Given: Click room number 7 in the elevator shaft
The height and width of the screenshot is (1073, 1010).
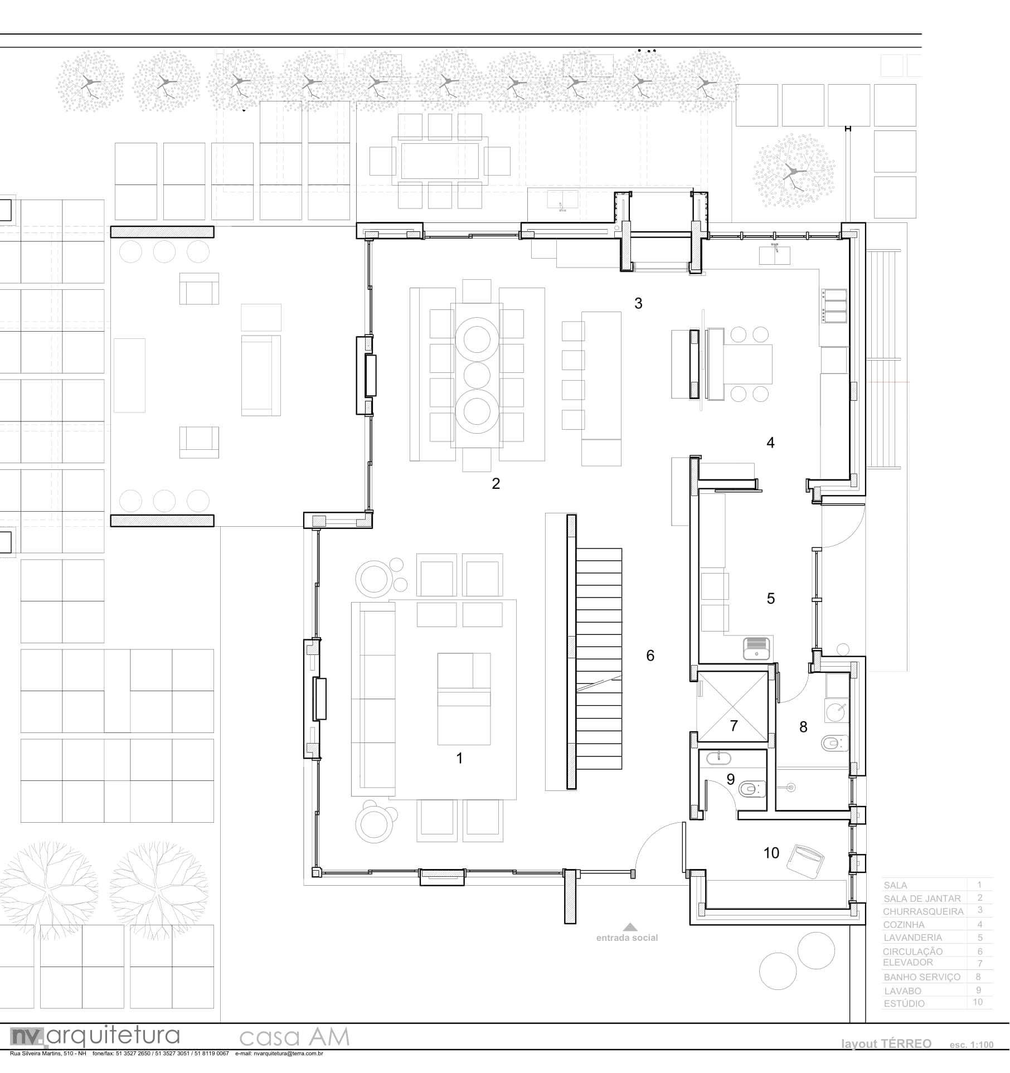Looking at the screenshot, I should [x=734, y=726].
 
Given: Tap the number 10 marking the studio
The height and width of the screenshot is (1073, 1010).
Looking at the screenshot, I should [x=771, y=853].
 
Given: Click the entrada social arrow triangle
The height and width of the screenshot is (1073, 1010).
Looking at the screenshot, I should [x=630, y=927].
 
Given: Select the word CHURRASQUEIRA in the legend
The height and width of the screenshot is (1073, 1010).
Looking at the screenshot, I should [x=922, y=911].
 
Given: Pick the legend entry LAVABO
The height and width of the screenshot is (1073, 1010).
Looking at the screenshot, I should [x=902, y=991].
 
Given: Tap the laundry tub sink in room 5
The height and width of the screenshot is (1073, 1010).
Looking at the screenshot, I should [x=756, y=648].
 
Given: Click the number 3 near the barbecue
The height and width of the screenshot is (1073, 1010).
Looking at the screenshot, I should [x=638, y=303].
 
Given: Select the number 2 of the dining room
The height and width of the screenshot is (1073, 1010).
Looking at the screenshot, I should [x=496, y=484].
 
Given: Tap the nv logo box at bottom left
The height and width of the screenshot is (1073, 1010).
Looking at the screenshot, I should [x=27, y=1036].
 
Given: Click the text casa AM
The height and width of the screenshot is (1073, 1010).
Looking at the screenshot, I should [x=294, y=1037].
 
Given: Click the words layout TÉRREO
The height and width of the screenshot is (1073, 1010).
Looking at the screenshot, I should [x=886, y=1044].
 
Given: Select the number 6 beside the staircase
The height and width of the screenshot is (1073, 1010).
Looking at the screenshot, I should [x=650, y=656].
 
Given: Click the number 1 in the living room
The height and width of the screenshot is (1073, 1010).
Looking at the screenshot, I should [x=459, y=758].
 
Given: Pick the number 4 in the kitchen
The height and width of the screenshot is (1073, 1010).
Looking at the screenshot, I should [x=770, y=443].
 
